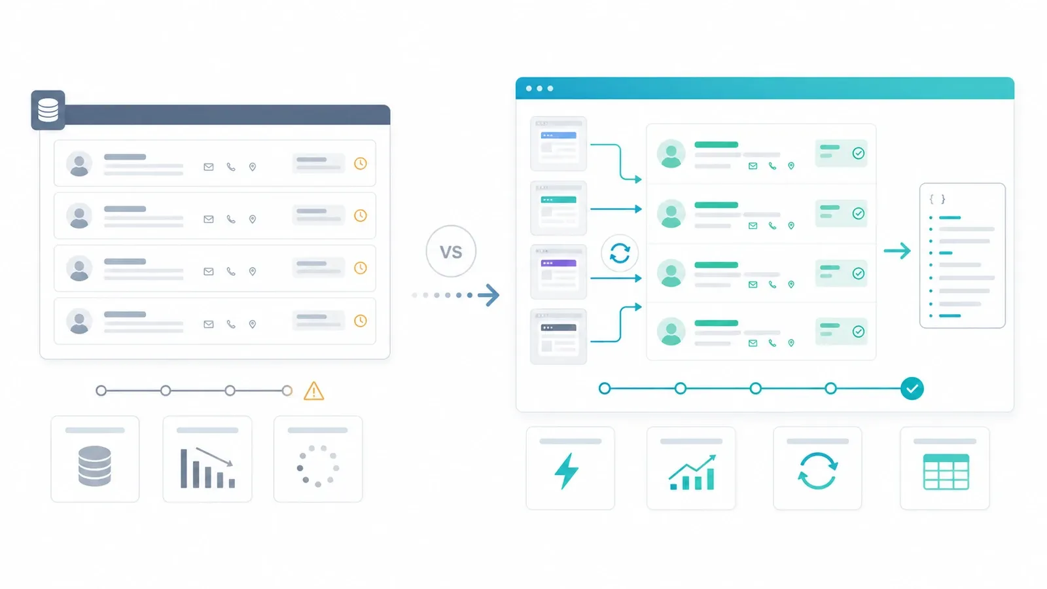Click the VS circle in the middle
[451, 251]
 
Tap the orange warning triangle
[313, 391]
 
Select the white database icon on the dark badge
[48, 111]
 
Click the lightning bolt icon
[567, 471]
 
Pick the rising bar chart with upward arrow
[692, 472]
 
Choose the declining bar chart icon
[207, 468]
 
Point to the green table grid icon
[946, 472]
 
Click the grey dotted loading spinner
[318, 467]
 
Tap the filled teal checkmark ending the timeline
[912, 389]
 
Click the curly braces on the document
[937, 199]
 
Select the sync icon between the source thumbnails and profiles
[620, 253]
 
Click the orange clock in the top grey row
[361, 164]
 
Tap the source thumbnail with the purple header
[559, 272]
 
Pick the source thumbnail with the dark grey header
[559, 336]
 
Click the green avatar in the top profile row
[671, 153]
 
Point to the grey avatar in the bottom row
[79, 321]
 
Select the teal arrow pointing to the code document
[897, 251]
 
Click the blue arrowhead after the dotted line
[489, 295]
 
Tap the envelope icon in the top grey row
[209, 167]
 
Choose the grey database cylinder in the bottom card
[95, 466]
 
